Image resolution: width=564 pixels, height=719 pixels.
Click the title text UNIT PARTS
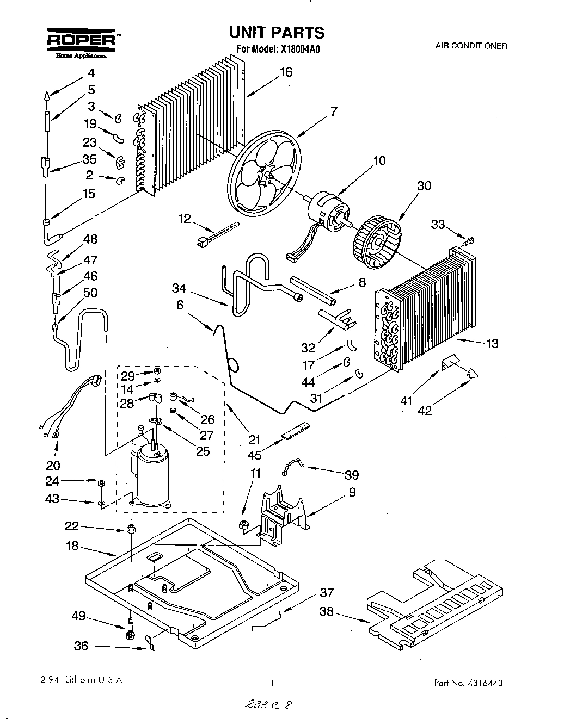(277, 33)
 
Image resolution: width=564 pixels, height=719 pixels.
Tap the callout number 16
(286, 72)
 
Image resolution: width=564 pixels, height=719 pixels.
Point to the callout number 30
(424, 186)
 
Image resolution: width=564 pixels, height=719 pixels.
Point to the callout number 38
(327, 611)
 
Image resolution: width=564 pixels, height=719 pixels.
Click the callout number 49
(78, 616)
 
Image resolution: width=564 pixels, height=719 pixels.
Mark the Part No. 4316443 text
(472, 683)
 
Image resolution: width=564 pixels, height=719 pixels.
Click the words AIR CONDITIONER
(471, 46)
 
